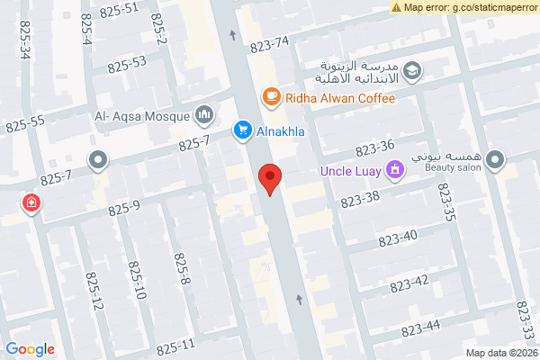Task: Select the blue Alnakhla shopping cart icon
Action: point(242,130)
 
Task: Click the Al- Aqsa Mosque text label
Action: point(141,115)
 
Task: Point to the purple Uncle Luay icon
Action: point(393,170)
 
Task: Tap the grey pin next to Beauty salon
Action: point(494,161)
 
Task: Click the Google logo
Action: point(30,349)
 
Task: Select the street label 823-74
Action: point(270,42)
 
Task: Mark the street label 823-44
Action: point(419,327)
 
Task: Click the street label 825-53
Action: point(126,64)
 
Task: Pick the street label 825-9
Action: point(124,209)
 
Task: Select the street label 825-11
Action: point(175,346)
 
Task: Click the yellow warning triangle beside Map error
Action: point(396,7)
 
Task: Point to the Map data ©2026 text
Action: point(501,353)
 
